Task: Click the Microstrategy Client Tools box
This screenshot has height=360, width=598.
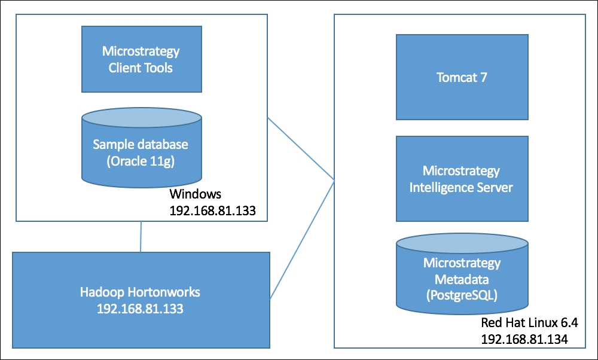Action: pos(142,59)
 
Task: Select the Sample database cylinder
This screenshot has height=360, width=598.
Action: pos(142,148)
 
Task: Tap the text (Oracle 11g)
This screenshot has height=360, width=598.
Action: pos(141,161)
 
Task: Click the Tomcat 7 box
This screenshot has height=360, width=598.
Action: pos(462,77)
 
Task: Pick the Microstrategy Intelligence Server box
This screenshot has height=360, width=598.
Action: pos(462,178)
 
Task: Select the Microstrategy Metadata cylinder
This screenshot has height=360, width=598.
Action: pos(462,274)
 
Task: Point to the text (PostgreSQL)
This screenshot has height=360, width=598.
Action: pos(462,296)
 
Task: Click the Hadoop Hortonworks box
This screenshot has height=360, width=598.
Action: pos(141,300)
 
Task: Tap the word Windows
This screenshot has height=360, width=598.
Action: pos(196,194)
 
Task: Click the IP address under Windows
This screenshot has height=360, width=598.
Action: pos(212,210)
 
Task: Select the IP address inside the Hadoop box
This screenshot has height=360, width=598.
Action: pos(140,309)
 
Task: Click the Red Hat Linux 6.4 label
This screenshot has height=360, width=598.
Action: pos(529,323)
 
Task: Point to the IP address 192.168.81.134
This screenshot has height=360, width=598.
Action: pos(524,339)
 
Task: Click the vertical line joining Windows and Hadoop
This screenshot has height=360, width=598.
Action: pos(141,236)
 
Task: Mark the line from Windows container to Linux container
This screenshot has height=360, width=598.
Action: pos(301,149)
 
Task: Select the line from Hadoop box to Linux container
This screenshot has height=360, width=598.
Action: pos(302,239)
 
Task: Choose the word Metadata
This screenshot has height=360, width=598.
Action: pos(462,279)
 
